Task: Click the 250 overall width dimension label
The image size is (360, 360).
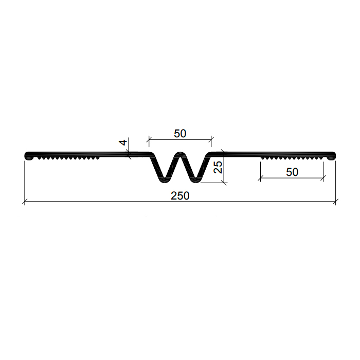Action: [180, 196]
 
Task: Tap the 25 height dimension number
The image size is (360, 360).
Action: [218, 167]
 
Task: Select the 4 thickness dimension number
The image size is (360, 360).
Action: [123, 142]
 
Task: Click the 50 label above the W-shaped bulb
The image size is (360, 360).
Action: [180, 134]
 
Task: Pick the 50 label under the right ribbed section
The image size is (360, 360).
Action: [292, 172]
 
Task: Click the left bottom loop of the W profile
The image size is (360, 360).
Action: [164, 180]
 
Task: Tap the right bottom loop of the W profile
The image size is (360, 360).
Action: [195, 180]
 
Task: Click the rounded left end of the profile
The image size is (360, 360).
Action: [27, 155]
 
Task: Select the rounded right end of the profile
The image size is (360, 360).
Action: [333, 155]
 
